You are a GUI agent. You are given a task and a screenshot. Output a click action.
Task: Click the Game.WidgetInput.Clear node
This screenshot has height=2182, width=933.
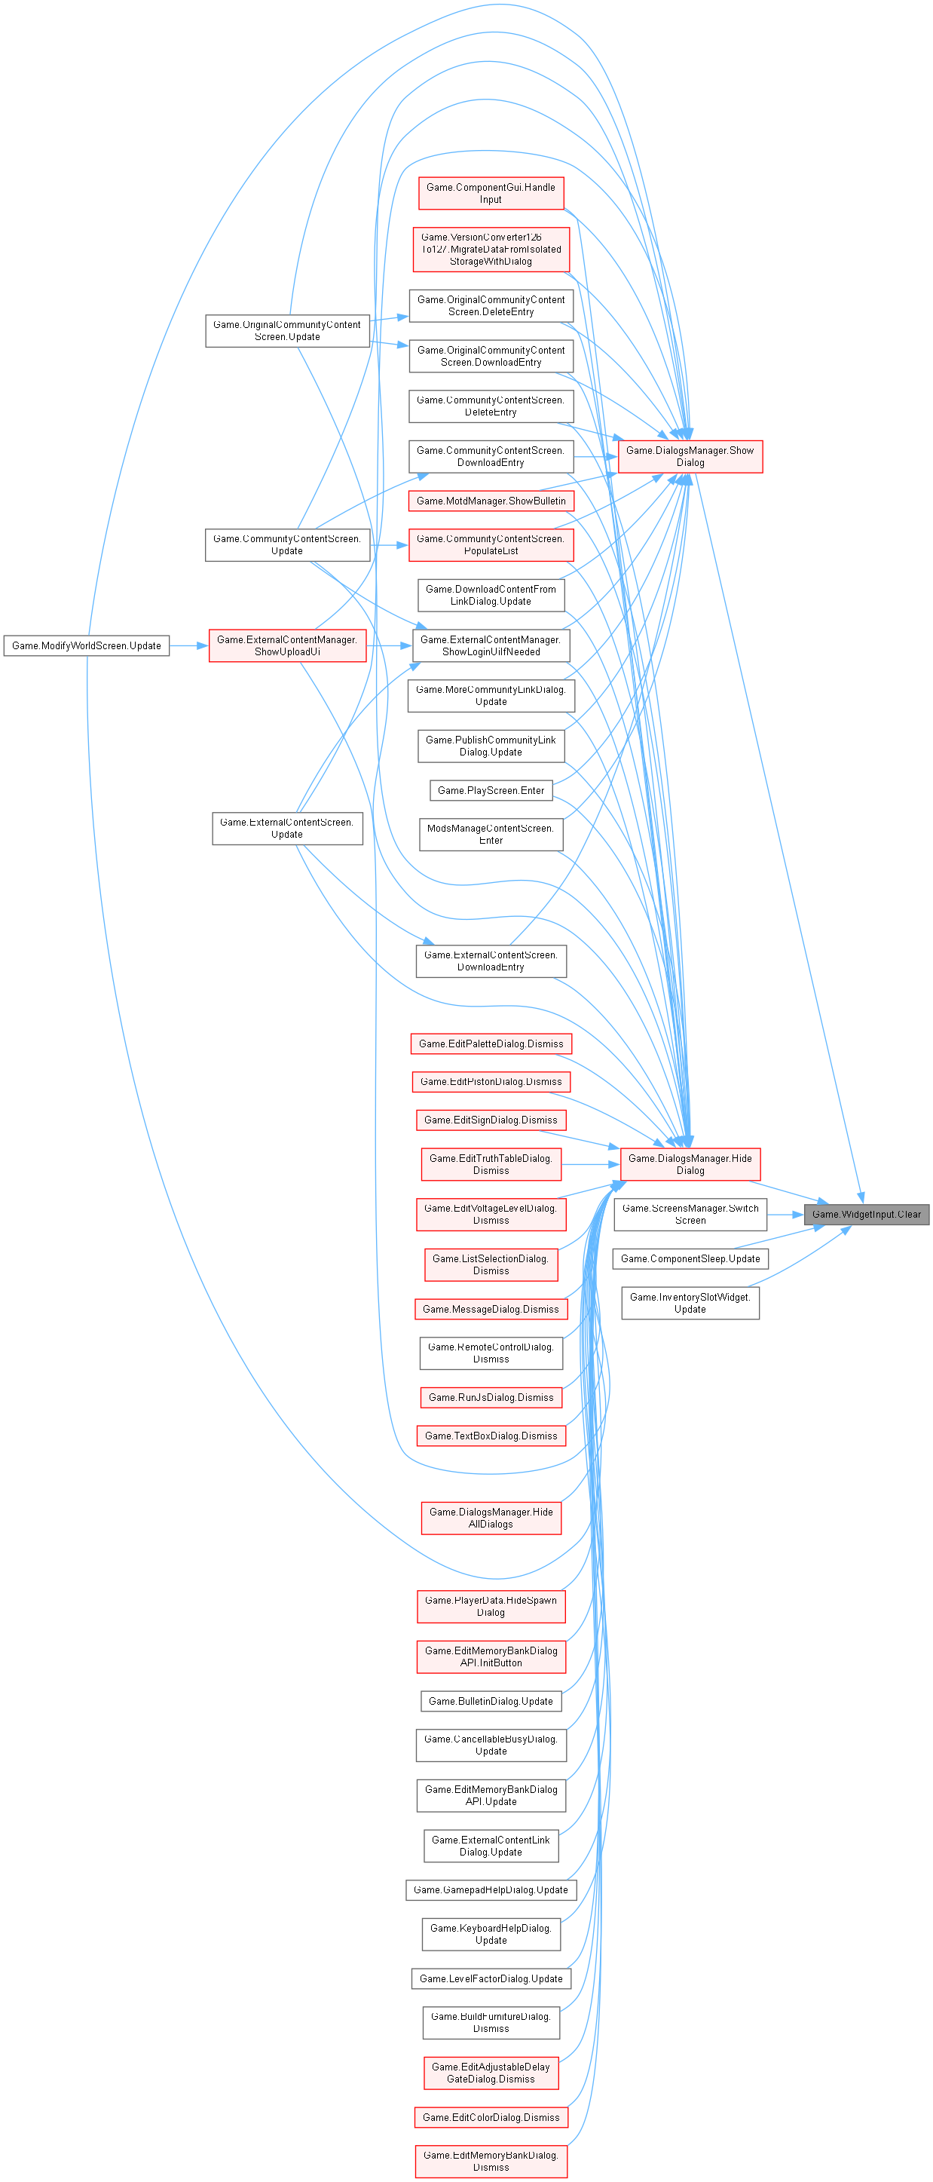(866, 1214)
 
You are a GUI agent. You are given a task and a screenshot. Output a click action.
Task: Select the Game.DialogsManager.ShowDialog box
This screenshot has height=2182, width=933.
(690, 457)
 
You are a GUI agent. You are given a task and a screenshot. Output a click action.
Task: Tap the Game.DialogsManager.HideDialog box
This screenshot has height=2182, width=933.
(690, 1164)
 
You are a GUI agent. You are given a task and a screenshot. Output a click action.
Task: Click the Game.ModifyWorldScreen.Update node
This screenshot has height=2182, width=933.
(87, 645)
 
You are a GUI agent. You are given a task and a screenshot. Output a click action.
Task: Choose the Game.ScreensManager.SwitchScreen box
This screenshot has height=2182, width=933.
(690, 1214)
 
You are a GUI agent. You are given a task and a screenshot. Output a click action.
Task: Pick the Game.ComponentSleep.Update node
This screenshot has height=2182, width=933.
(690, 1258)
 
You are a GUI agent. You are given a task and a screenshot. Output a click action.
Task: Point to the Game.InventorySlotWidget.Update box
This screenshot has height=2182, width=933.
(690, 1303)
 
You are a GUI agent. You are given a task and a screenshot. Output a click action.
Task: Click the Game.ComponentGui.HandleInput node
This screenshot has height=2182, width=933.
(491, 193)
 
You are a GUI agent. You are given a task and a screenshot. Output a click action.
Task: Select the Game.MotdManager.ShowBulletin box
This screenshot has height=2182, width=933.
(491, 501)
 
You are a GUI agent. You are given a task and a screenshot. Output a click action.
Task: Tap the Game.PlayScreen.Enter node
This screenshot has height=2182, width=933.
(491, 790)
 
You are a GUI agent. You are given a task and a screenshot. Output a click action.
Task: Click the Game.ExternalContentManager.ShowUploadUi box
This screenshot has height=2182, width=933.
(287, 645)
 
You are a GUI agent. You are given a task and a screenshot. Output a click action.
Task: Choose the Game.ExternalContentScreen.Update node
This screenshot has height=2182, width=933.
(287, 828)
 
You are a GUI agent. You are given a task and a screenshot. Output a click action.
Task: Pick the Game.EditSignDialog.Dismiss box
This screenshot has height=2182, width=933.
(491, 1120)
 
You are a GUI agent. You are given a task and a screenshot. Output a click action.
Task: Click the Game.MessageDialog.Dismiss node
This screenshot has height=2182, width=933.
(491, 1309)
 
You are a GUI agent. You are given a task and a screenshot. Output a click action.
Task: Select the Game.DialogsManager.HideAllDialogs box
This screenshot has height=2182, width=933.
(491, 1518)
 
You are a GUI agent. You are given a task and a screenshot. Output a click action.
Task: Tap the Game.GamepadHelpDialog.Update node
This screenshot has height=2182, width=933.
(491, 1889)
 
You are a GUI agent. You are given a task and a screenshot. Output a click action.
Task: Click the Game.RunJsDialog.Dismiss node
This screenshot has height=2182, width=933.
(491, 1398)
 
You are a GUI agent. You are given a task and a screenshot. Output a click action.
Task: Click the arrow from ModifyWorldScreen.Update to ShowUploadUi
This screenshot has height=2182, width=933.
(190, 645)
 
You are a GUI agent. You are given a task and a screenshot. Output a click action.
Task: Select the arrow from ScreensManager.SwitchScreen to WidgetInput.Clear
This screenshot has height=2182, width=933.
(786, 1214)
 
